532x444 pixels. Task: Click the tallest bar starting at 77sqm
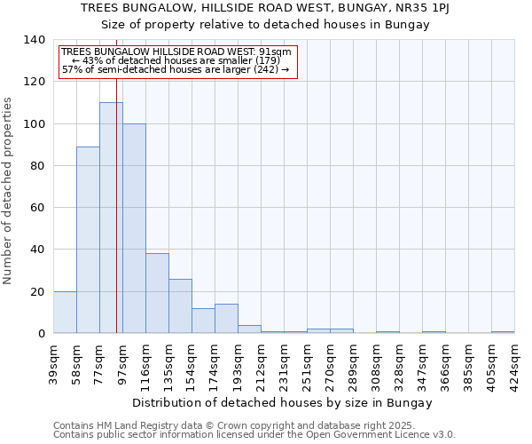point(111,218)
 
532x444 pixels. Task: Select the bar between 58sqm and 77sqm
point(88,240)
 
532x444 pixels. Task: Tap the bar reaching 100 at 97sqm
point(134,228)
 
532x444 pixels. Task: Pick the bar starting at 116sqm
point(157,293)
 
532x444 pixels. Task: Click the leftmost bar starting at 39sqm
point(65,312)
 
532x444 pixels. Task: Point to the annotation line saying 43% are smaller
point(176,60)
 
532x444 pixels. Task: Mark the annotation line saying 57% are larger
point(176,69)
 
